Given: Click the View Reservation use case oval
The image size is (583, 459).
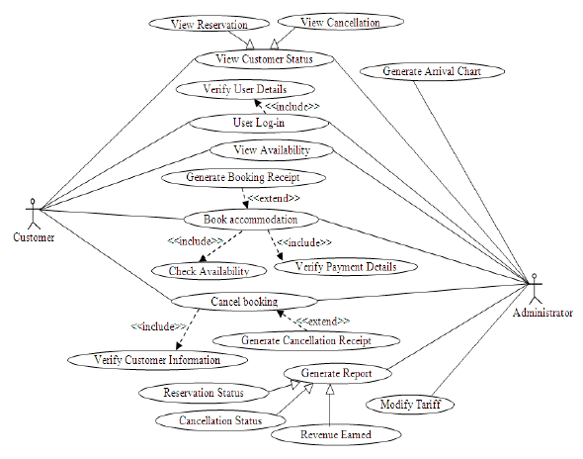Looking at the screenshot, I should tap(208, 24).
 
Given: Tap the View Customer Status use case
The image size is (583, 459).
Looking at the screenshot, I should tap(263, 58).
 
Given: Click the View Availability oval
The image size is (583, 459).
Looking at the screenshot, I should tap(272, 150).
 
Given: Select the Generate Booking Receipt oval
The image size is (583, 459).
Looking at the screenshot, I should tap(242, 178).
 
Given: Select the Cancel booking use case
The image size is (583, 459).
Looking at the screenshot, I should tap(244, 301).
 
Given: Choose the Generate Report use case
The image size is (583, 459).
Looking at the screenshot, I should tap(338, 374).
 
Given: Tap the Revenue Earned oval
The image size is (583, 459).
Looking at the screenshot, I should tap(337, 434).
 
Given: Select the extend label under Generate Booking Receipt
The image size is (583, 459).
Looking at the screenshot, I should tap(274, 199).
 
